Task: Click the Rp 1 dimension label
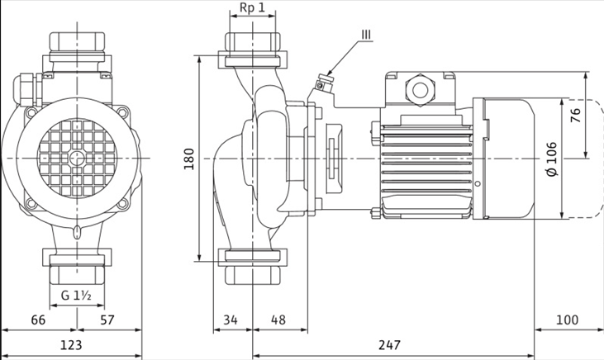click(252, 7)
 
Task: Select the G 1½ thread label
click(76, 296)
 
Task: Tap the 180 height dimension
click(189, 159)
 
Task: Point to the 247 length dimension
click(389, 344)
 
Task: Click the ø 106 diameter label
click(552, 159)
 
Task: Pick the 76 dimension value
click(575, 116)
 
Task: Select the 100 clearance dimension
click(567, 320)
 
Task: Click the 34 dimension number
click(231, 320)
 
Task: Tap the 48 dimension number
click(278, 320)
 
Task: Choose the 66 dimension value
click(38, 320)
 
